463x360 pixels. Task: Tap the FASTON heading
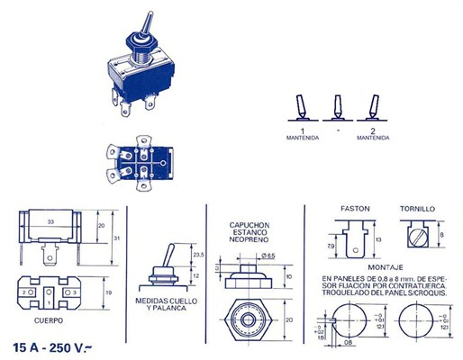click(356, 208)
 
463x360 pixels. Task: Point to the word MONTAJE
click(385, 268)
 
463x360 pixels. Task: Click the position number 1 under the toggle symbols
click(303, 130)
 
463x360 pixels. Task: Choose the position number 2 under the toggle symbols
click(371, 130)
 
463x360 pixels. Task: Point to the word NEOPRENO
click(247, 240)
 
